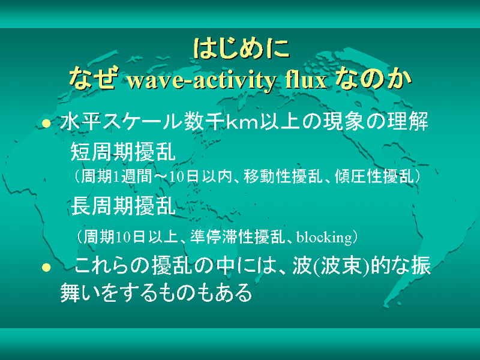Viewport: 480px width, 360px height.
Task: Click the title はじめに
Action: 241,49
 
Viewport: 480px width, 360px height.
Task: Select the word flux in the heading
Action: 306,80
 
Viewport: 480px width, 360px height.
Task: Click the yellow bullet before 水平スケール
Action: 46,124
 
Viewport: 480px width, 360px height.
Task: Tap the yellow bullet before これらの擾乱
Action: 46,267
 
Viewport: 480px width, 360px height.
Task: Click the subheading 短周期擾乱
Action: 123,152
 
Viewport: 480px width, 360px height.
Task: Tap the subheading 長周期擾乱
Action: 123,205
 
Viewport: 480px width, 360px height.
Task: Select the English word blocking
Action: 324,237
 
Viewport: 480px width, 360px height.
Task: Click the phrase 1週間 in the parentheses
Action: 133,176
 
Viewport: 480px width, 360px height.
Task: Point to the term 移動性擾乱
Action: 283,176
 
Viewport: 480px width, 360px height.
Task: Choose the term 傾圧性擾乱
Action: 374,176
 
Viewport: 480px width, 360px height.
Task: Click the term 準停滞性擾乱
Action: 238,236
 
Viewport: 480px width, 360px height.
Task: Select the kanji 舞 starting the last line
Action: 70,293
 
